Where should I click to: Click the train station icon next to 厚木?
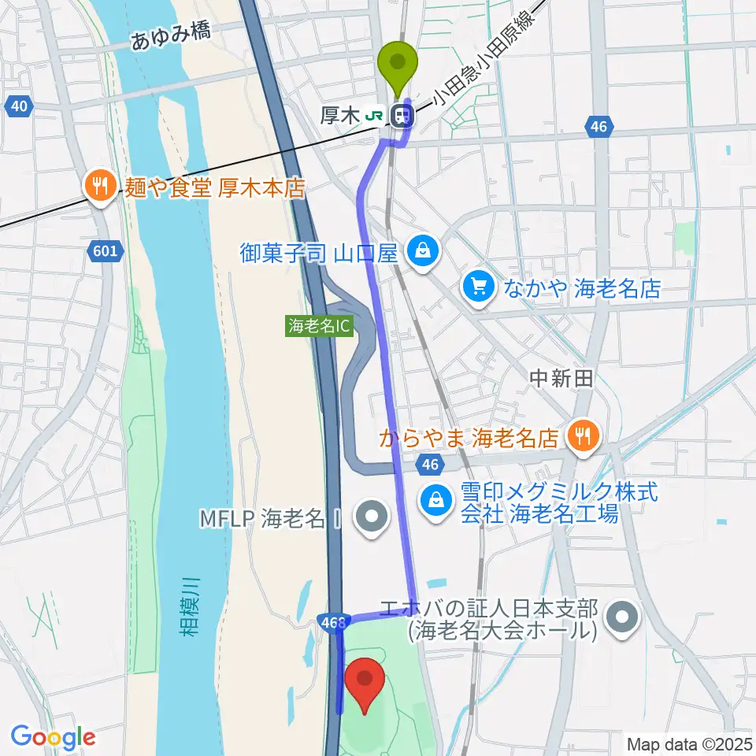pos(403,116)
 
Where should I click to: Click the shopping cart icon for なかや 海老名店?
pos(480,285)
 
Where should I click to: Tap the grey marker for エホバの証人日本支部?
pos(624,619)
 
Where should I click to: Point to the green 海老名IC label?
pos(318,326)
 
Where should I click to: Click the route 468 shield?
pos(333,623)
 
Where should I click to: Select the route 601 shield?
pos(107,252)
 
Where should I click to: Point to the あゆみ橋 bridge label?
pos(171,38)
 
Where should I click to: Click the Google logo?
pos(53,738)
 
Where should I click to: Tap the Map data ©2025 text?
pos(688,743)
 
